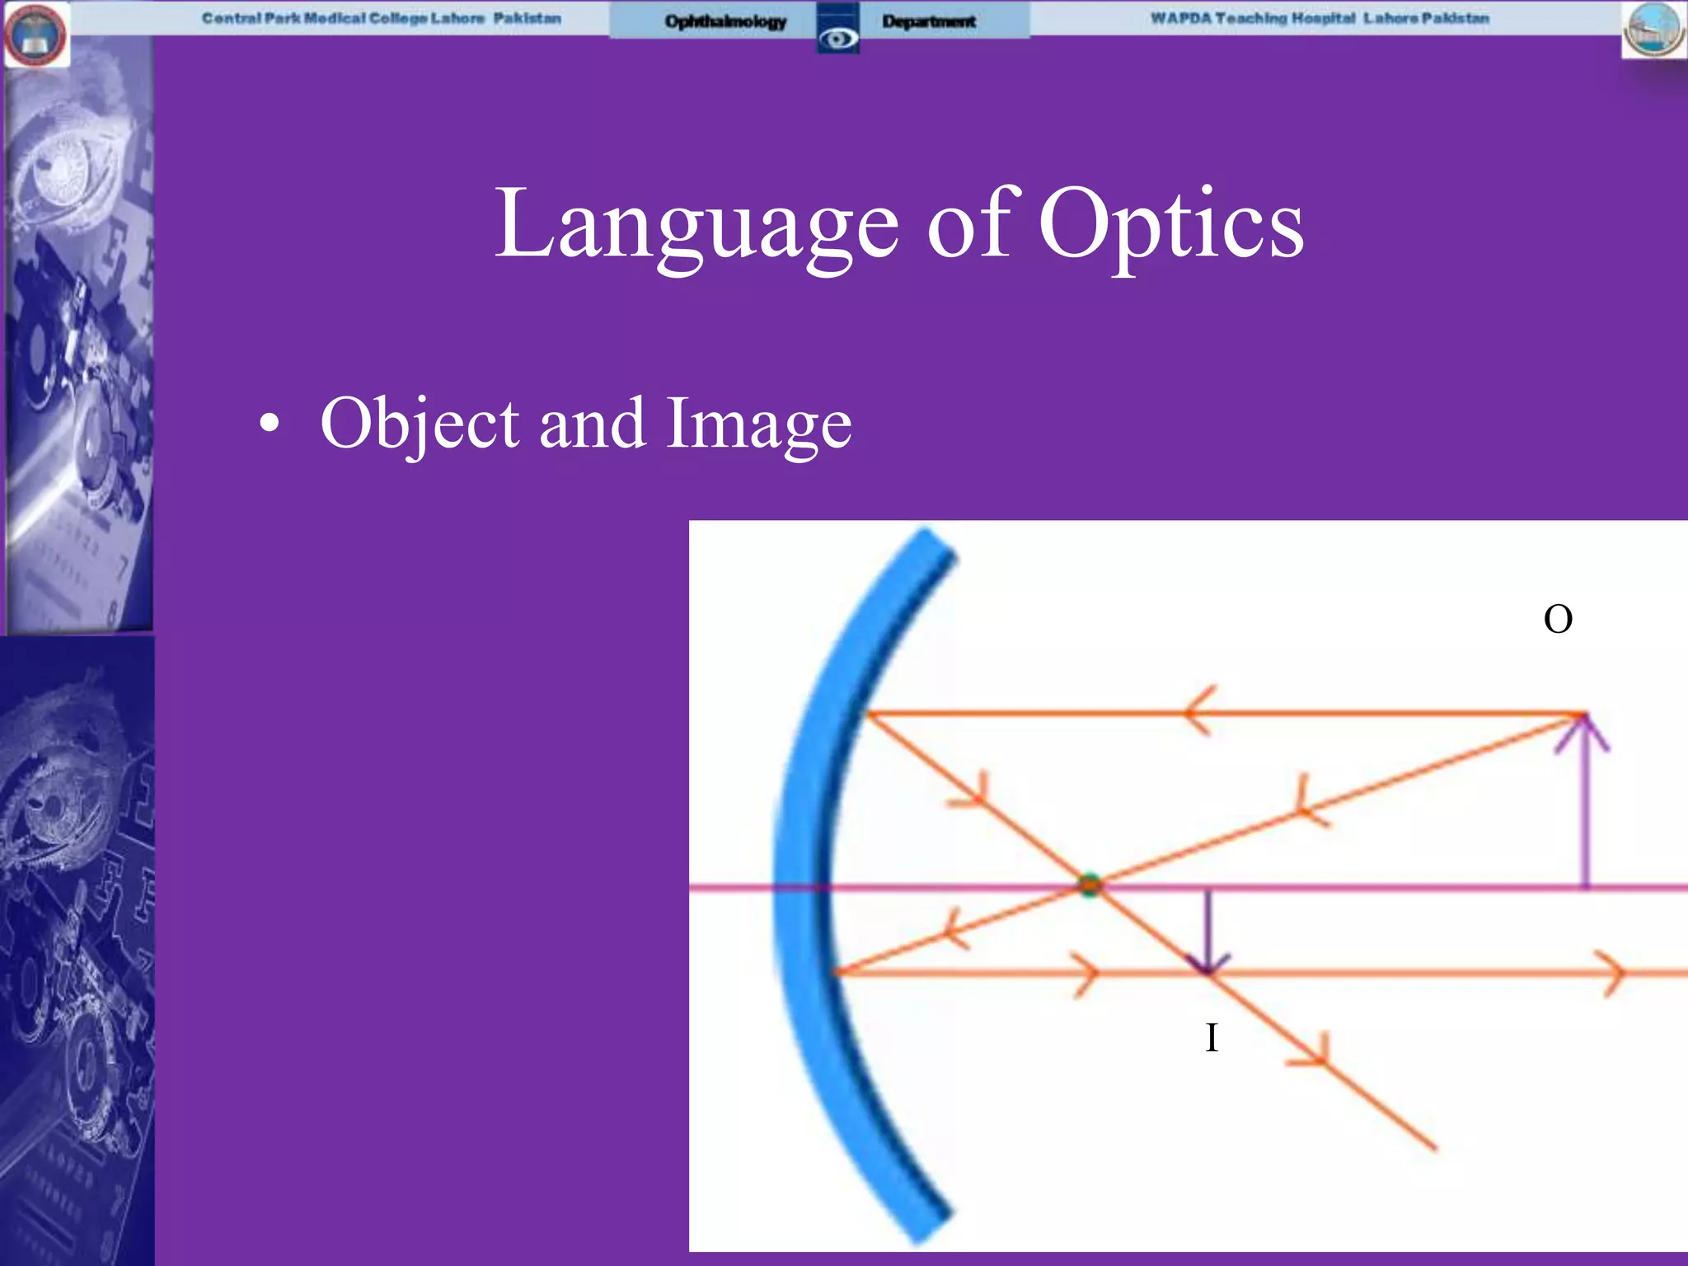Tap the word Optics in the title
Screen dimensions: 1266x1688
click(1171, 224)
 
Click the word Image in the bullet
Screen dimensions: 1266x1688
click(758, 424)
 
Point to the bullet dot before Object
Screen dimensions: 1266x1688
click(269, 424)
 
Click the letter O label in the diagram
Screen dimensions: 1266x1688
click(1557, 619)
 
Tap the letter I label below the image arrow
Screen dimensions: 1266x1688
click(1211, 1038)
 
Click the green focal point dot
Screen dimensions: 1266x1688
click(1090, 885)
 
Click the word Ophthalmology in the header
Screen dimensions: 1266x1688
click(725, 21)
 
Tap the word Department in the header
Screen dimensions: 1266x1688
click(929, 21)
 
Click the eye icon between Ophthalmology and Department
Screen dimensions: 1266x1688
click(838, 37)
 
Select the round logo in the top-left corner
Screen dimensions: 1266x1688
click(36, 35)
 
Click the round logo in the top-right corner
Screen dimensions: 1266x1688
click(1654, 30)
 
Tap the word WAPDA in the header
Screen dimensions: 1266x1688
click(1180, 18)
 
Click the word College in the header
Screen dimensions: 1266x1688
click(398, 18)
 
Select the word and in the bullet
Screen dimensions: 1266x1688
click(592, 424)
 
